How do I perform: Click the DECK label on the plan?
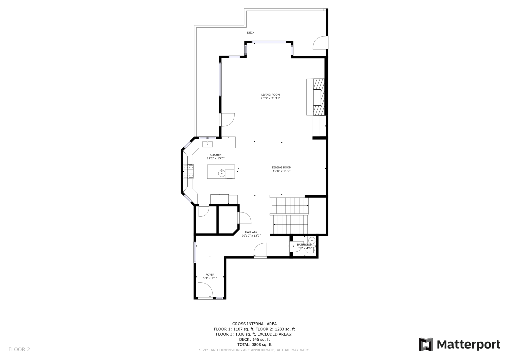point(251,33)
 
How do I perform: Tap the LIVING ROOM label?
point(270,95)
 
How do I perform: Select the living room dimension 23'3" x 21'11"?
point(270,98)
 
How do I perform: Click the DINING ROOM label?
point(282,167)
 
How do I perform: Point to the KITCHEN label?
point(216,155)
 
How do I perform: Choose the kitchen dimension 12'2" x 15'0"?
point(216,159)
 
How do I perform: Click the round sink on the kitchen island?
point(222,173)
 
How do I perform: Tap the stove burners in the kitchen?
point(189,171)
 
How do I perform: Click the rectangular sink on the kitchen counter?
point(207,144)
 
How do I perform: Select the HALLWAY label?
point(251,232)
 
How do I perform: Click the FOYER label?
point(210,275)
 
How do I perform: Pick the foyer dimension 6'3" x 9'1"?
point(210,278)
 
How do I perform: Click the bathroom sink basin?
point(312,240)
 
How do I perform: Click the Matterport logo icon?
point(426,344)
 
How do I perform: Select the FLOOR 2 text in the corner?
point(19,350)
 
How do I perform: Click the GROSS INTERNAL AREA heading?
point(254,324)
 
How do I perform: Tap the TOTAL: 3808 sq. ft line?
point(254,345)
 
